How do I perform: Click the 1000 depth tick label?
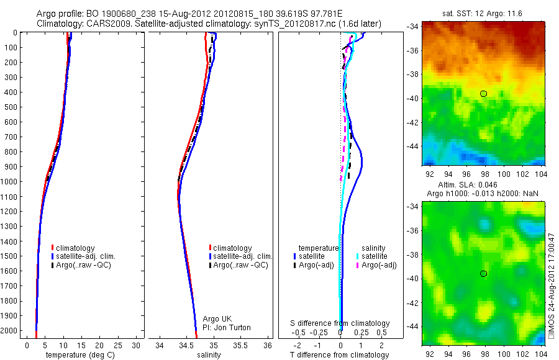(x=9, y=182)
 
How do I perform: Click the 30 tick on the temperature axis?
(x=136, y=345)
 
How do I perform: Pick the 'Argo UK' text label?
(x=217, y=319)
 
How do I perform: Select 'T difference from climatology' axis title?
(x=339, y=355)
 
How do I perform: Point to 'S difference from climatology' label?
(x=340, y=323)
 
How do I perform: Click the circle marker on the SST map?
(x=483, y=94)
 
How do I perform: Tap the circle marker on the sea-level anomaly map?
(x=483, y=274)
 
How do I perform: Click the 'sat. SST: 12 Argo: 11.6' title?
(x=483, y=14)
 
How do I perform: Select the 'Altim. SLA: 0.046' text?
(x=482, y=186)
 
